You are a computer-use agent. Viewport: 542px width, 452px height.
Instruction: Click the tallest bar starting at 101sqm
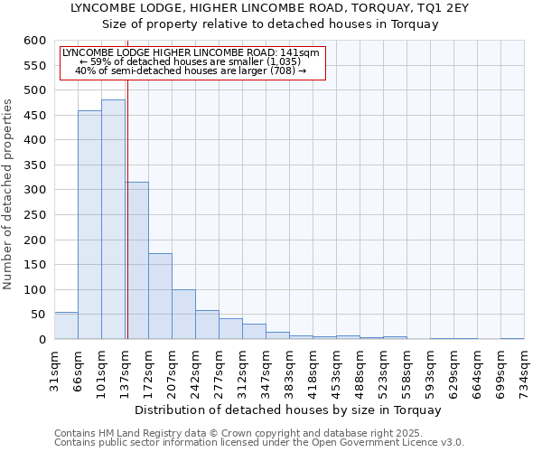coord(113,220)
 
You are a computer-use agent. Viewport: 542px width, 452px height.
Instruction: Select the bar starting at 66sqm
coord(89,225)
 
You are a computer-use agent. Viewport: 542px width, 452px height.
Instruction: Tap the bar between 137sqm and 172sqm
coord(137,260)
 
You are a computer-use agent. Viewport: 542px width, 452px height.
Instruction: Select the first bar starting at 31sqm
coord(66,325)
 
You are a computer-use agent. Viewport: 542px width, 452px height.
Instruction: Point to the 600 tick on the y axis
coord(34,41)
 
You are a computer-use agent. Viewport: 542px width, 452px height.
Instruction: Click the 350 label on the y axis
coord(34,165)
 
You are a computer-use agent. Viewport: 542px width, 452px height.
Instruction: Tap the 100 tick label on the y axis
coord(34,290)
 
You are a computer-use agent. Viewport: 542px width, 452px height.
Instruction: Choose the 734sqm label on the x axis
coord(524,372)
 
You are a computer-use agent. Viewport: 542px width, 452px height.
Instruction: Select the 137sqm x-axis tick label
coord(125,372)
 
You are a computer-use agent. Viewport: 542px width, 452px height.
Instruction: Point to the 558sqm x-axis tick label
coord(406,372)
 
